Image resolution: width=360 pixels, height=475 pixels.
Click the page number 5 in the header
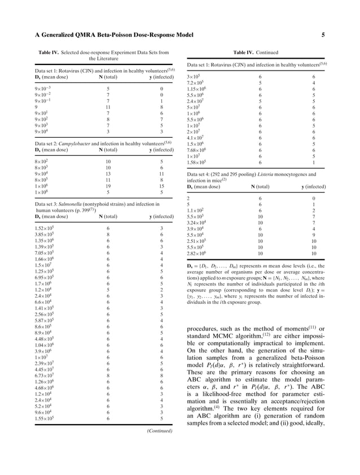pyautogui.click(x=323, y=35)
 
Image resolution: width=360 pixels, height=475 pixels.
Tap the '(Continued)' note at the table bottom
pyautogui.click(x=160, y=431)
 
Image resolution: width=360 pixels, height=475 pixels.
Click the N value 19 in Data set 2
pyautogui.click(x=108, y=185)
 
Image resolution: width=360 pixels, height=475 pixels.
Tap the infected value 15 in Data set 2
pyautogui.click(x=161, y=185)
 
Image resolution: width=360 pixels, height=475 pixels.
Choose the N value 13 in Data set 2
pyautogui.click(x=108, y=173)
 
